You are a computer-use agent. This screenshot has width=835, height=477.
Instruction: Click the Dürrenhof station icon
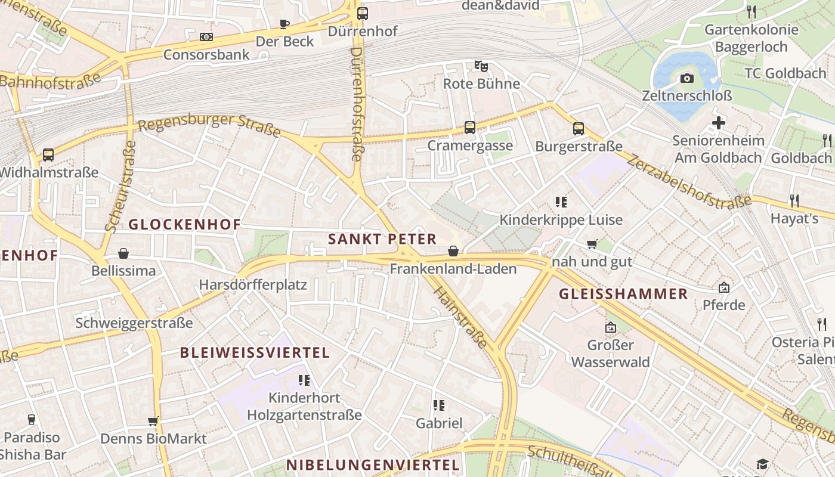[x=362, y=13]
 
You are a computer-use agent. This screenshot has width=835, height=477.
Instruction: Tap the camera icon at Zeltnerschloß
[x=687, y=78]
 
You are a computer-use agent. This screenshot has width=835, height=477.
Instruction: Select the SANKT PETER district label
[x=382, y=239]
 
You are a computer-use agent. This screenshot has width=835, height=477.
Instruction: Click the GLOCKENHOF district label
[x=185, y=225]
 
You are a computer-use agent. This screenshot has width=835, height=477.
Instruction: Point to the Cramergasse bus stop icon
[x=470, y=128]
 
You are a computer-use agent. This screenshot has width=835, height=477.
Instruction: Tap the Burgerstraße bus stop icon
[x=578, y=128]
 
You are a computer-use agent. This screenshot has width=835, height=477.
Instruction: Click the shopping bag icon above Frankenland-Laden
[x=453, y=251]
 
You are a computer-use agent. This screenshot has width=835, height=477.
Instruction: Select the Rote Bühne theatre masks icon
[x=481, y=66]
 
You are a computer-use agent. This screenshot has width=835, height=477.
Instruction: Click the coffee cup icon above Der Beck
[x=284, y=24]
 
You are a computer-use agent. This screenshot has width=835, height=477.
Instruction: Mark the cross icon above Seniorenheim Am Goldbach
[x=719, y=123]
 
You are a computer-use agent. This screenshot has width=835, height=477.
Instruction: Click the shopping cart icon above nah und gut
[x=592, y=244]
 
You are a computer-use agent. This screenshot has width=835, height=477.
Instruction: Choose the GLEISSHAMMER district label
[x=623, y=294]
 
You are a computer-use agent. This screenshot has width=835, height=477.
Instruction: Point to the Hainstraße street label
[x=460, y=318]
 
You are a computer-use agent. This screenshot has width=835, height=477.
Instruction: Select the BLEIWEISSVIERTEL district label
[x=255, y=352]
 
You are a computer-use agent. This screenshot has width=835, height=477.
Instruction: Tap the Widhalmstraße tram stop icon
[x=48, y=155]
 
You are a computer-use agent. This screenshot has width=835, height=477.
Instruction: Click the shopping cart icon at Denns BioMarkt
[x=153, y=422]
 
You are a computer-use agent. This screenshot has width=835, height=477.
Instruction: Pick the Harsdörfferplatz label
[x=253, y=284]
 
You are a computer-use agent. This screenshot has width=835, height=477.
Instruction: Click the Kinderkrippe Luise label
[x=561, y=220]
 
